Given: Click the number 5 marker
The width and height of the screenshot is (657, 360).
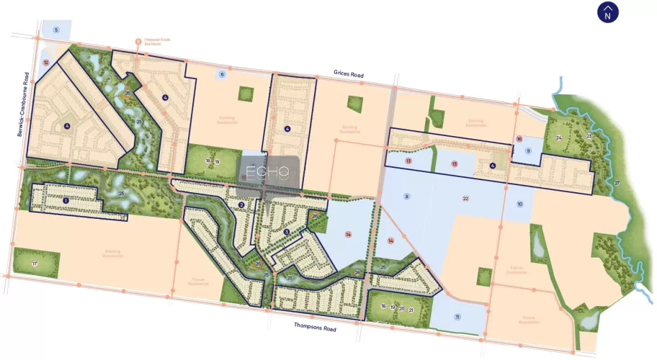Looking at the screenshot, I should (55, 30).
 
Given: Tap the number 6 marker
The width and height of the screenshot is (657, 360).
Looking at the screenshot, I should (222, 74).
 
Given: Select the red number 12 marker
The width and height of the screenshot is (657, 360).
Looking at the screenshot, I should (45, 63).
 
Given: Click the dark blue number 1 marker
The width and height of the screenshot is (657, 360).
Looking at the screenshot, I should (66, 199).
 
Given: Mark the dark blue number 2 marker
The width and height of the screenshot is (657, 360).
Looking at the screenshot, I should (242, 204).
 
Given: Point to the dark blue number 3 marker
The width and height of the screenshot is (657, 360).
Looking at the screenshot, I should (286, 231).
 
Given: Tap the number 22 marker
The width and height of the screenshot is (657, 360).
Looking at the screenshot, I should (465, 198).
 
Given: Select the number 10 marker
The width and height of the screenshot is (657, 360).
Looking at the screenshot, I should (519, 204).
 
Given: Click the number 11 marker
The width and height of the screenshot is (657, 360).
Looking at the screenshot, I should (457, 318).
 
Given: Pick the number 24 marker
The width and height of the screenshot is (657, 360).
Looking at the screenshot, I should (558, 138).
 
